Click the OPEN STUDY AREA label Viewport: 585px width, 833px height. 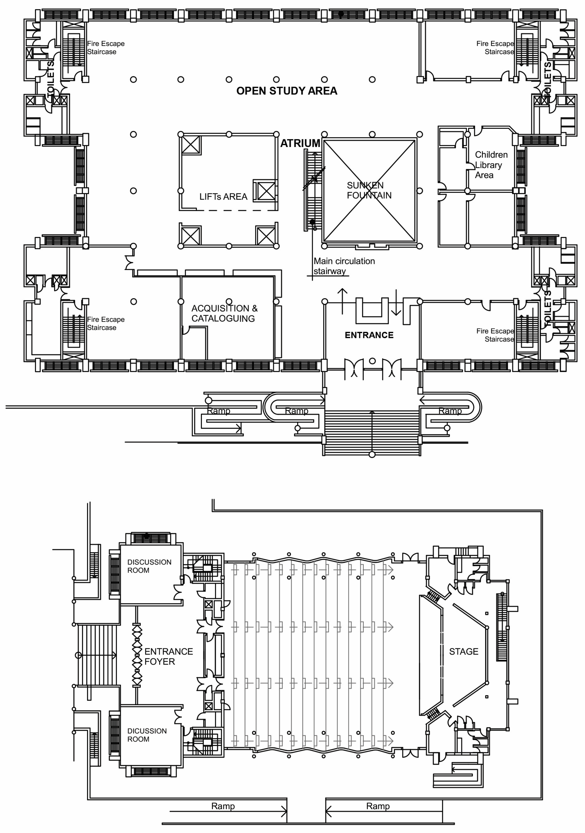point(286,91)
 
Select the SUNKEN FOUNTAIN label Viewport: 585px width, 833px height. point(369,190)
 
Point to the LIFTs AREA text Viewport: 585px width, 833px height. point(223,197)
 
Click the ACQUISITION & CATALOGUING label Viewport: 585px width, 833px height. point(224,313)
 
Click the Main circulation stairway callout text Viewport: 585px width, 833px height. point(344,266)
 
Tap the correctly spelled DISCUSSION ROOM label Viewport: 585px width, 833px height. point(149,566)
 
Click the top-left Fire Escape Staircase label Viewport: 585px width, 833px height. point(106,47)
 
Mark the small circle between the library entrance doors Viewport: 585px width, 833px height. point(372,361)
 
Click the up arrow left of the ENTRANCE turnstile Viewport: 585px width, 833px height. point(342,301)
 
